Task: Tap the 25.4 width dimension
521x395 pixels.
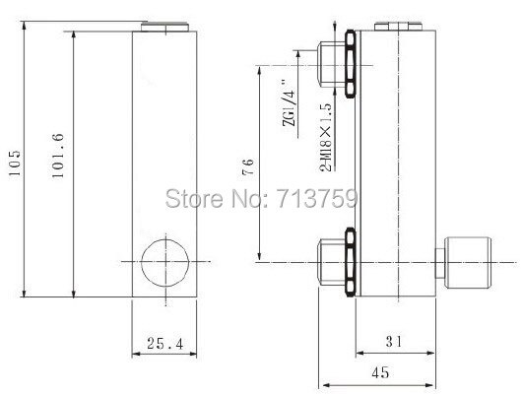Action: pos(163,344)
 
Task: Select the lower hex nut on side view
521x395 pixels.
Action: pos(350,261)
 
